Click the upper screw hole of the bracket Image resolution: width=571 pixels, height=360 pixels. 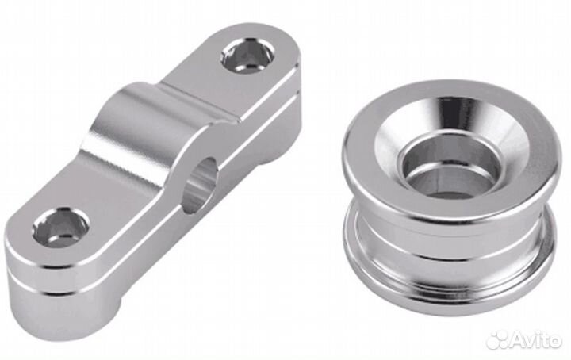click(x=247, y=57)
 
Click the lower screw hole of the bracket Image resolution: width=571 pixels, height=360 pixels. click(x=60, y=228)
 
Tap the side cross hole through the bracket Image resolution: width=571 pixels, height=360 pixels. click(x=201, y=185)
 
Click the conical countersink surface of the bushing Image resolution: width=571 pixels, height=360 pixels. click(x=451, y=120)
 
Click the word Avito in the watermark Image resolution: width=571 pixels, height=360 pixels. click(x=535, y=339)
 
